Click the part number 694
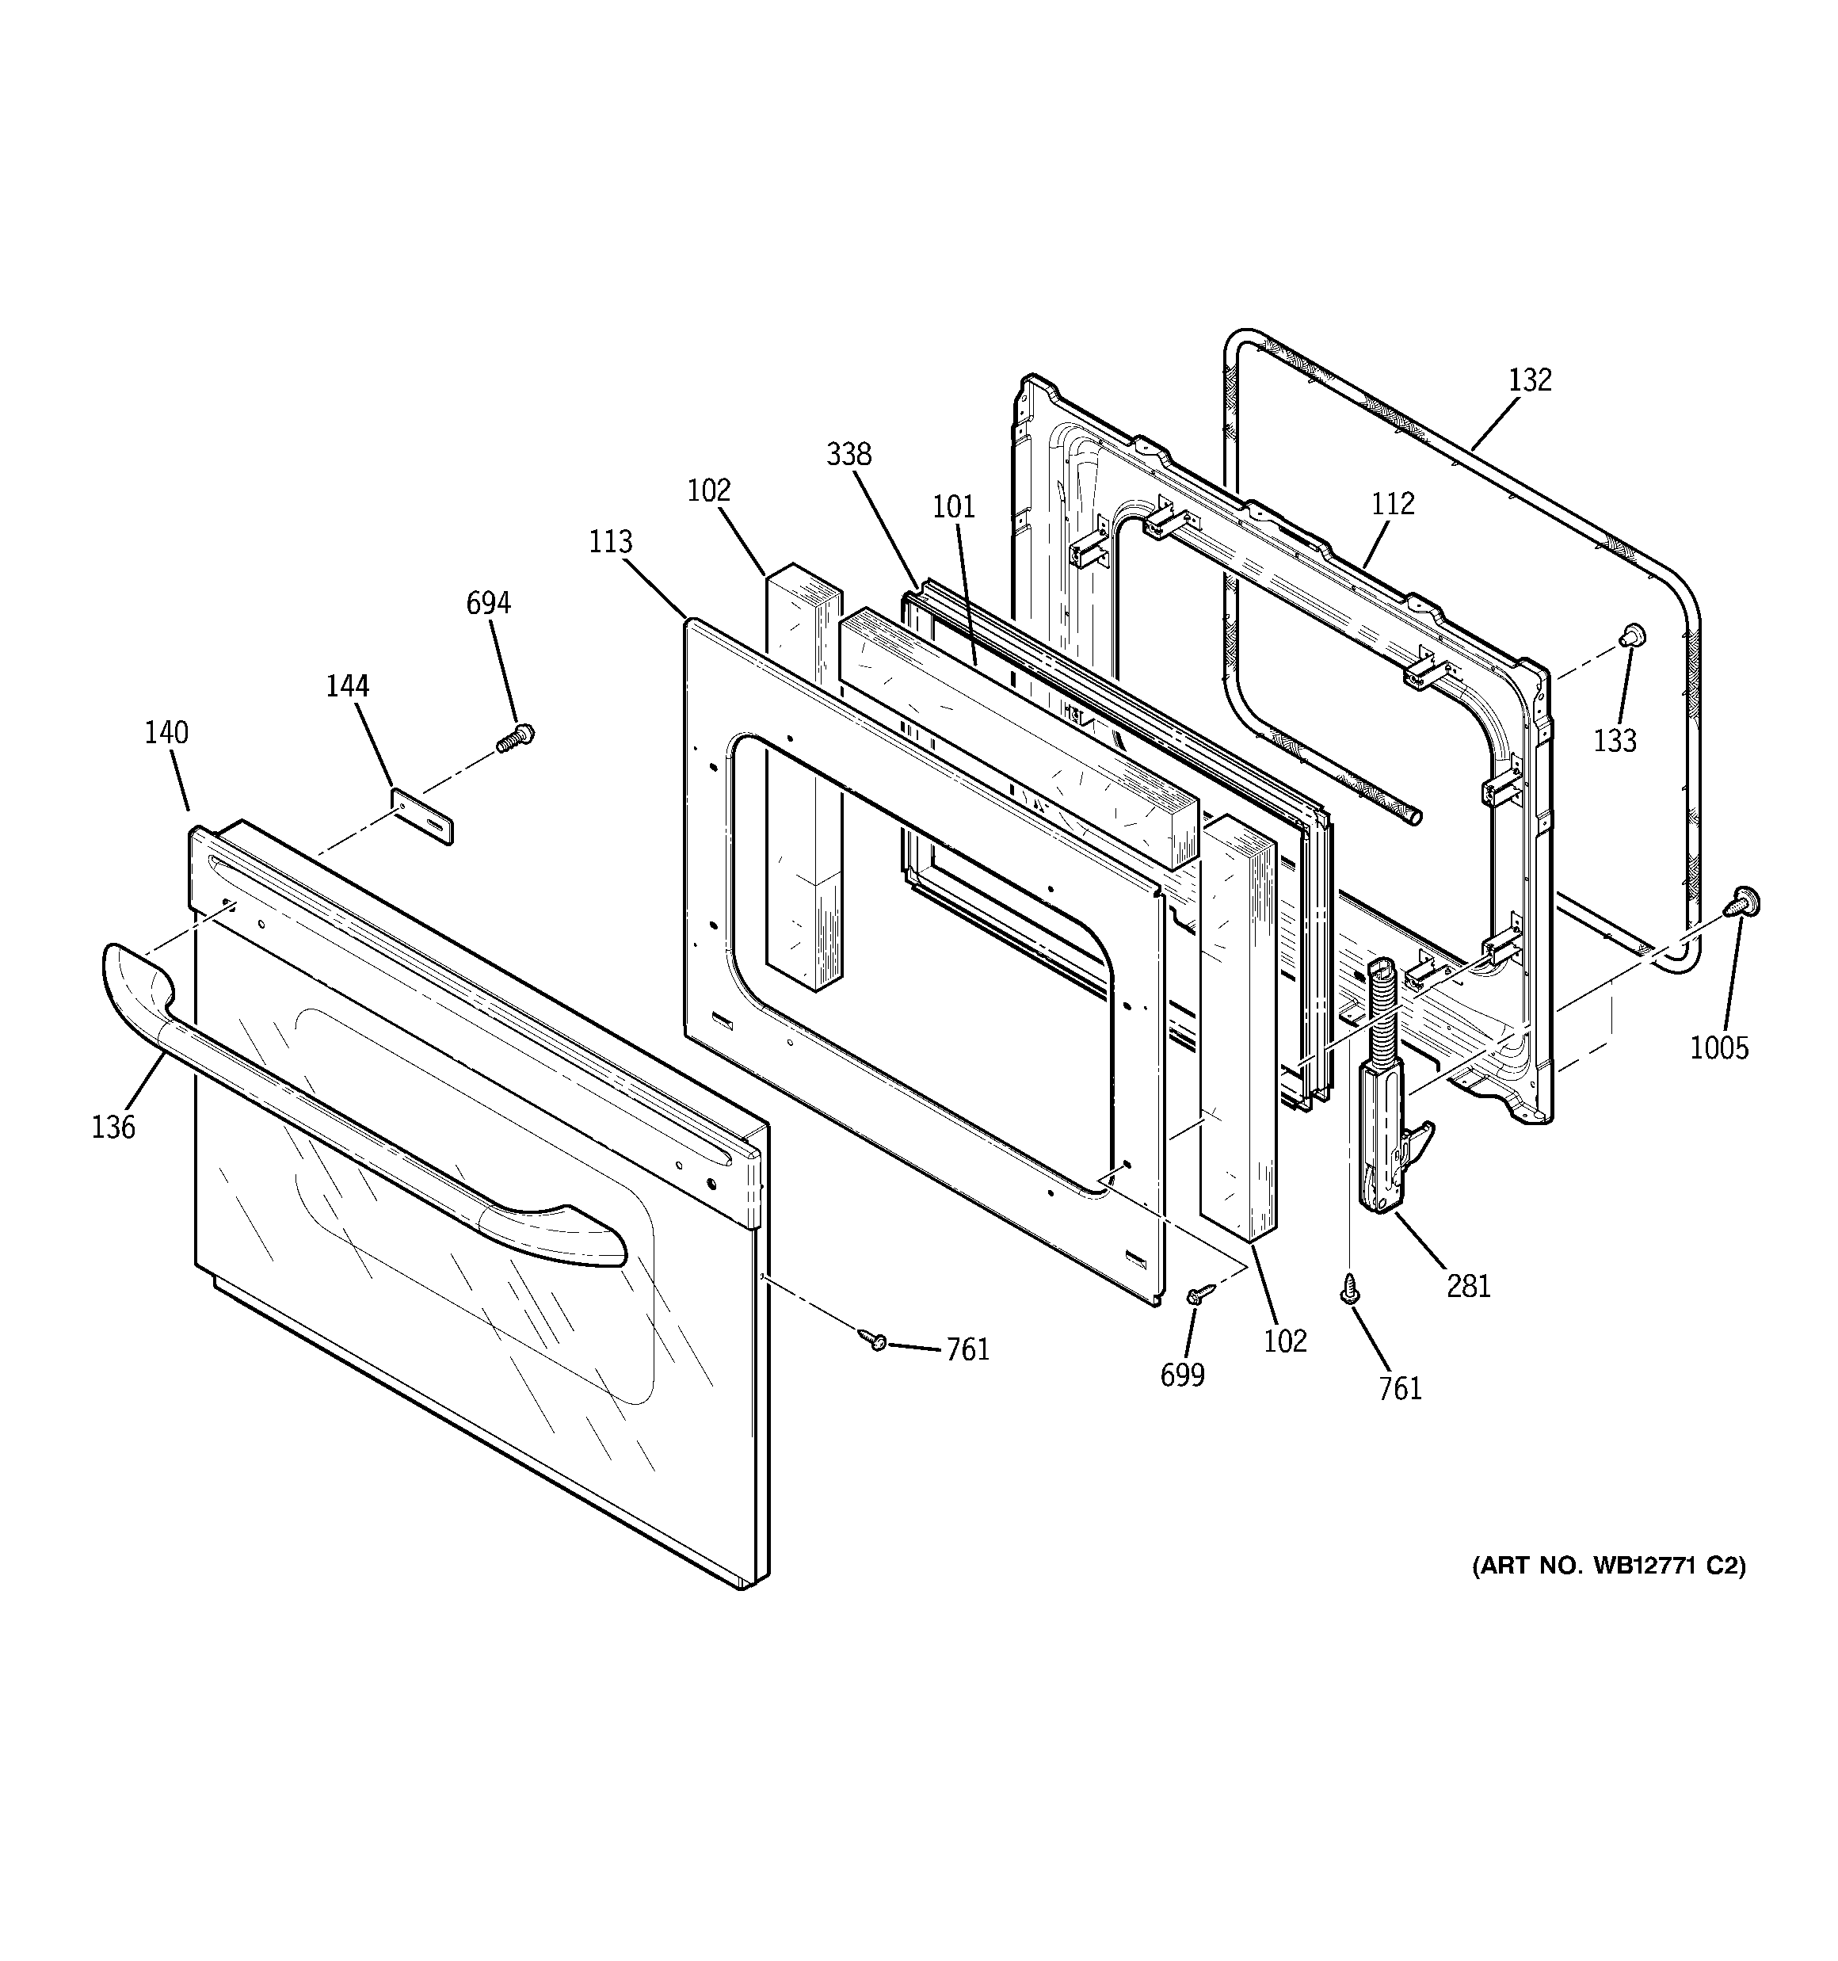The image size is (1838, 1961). point(488,603)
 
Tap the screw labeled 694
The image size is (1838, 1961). point(515,737)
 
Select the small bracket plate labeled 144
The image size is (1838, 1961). point(423,817)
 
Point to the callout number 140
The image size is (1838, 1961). point(166,733)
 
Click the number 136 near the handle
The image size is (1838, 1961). point(113,1127)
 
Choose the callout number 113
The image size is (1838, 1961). point(611,541)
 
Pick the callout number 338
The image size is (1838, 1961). point(848,455)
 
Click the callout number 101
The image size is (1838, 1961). point(953,507)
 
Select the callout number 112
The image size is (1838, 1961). point(1392,504)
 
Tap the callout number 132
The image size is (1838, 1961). point(1529,380)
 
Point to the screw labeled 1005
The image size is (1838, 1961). point(1745,902)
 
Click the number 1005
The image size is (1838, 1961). point(1718,1047)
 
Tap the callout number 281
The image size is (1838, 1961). point(1468,1286)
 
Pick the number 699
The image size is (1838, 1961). point(1182,1375)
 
